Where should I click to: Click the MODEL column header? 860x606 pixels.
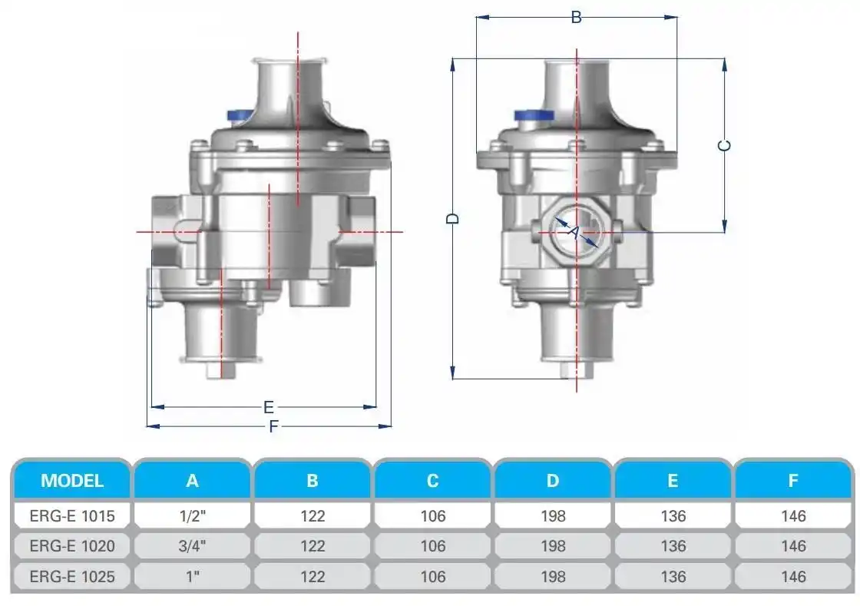click(x=72, y=481)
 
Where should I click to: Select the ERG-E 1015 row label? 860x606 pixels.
click(x=72, y=516)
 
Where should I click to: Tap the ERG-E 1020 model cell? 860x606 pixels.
click(x=72, y=546)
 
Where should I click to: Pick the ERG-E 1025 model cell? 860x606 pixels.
click(x=72, y=576)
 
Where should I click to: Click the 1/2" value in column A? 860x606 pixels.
click(x=192, y=516)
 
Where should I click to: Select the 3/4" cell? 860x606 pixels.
click(x=192, y=546)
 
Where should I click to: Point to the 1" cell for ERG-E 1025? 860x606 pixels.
click(x=192, y=576)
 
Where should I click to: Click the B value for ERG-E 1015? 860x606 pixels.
click(x=313, y=516)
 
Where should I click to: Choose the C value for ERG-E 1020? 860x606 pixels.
click(x=433, y=546)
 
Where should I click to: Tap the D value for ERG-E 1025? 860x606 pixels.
click(x=553, y=576)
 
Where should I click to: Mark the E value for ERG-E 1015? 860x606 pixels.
click(x=673, y=516)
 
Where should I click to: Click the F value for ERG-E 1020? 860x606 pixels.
click(x=793, y=546)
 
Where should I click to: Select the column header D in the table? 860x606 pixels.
click(x=553, y=481)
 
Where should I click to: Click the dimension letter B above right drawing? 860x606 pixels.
click(x=577, y=17)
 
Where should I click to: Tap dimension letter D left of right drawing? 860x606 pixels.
click(x=454, y=218)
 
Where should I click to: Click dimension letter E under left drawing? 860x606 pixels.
click(x=269, y=406)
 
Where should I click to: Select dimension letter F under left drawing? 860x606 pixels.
click(x=273, y=427)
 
